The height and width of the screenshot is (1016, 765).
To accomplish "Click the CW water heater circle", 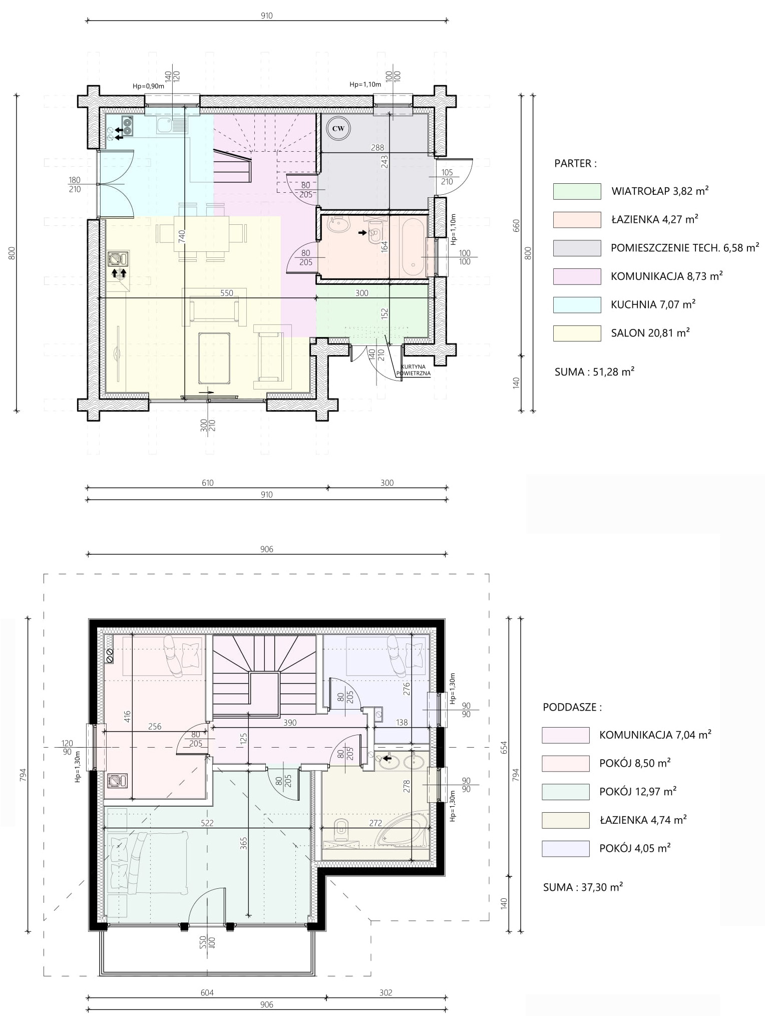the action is (x=338, y=129).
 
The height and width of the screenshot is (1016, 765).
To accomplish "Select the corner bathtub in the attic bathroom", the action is (x=402, y=832).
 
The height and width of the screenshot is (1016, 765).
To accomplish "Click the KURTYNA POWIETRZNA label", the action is (x=413, y=370).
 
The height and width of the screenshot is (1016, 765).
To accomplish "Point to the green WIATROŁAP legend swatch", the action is (x=577, y=191).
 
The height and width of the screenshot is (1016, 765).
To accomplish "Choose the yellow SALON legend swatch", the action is (x=577, y=333).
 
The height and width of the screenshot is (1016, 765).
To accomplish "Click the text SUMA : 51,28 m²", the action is (x=594, y=372).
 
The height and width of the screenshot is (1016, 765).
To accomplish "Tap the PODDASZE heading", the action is (x=572, y=707).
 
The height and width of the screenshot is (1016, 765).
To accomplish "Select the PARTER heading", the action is (x=575, y=163).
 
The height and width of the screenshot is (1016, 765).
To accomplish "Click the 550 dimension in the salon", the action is (x=227, y=293).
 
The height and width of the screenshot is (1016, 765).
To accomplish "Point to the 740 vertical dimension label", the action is (x=182, y=236).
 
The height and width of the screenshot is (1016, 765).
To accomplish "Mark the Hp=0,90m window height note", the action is (x=148, y=86).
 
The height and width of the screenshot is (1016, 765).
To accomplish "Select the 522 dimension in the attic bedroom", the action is (x=207, y=823).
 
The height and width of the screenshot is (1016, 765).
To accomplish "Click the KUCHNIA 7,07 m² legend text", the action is (x=653, y=304).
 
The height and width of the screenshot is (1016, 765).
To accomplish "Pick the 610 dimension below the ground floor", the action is (x=207, y=483).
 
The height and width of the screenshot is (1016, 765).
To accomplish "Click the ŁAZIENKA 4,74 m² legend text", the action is (x=643, y=820).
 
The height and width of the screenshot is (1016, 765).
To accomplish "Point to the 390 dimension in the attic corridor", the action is (x=290, y=723).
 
